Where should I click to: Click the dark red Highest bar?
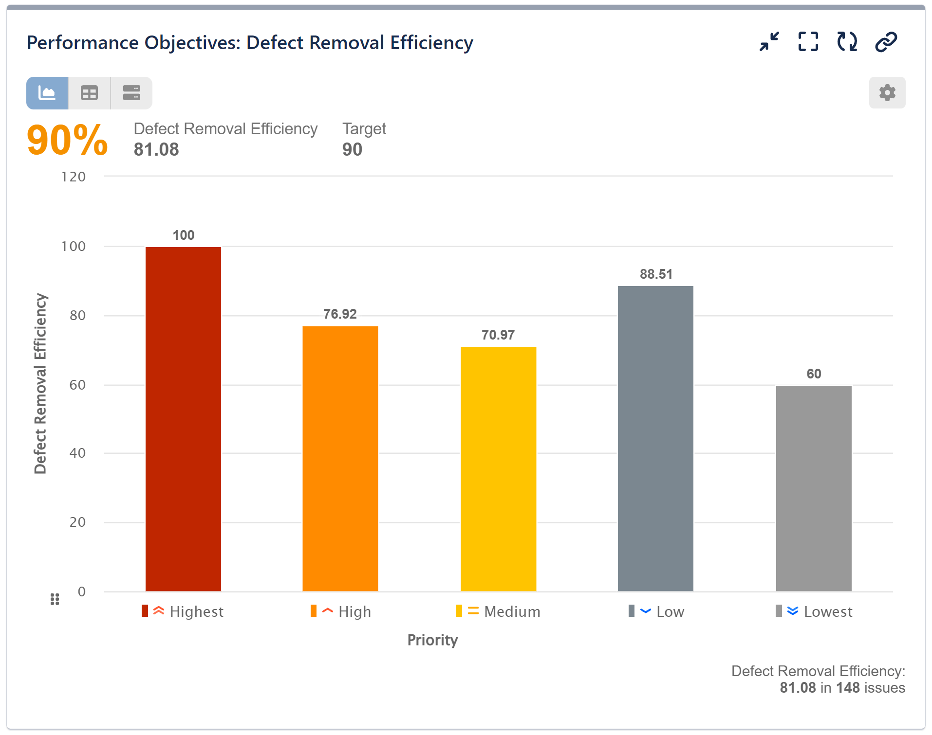(183, 418)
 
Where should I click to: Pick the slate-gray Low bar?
(655, 438)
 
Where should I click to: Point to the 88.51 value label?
(656, 274)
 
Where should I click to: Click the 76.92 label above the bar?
(340, 314)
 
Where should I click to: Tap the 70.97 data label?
(498, 335)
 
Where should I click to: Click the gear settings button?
(887, 93)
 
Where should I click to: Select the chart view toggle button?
(47, 93)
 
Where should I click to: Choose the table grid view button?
(89, 93)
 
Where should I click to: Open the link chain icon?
(886, 42)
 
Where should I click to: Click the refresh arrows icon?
(847, 42)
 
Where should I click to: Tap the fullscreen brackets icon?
(808, 42)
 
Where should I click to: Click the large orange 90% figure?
(67, 141)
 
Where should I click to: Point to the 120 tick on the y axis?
(74, 177)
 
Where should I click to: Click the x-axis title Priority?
(432, 640)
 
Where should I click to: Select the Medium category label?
(512, 611)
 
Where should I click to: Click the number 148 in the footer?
(848, 688)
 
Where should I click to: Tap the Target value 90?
(352, 149)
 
